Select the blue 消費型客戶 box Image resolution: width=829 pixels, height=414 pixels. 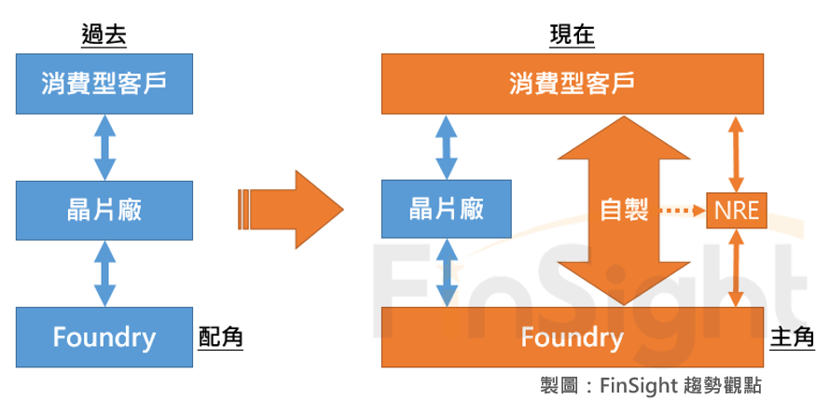(x=104, y=84)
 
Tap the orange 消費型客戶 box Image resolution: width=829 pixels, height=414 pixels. (x=572, y=84)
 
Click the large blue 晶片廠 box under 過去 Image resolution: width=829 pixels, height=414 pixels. (x=104, y=210)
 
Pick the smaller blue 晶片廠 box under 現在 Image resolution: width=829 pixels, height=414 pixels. (x=447, y=210)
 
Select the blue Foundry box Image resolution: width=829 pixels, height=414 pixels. (x=104, y=337)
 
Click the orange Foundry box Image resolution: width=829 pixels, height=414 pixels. (x=572, y=337)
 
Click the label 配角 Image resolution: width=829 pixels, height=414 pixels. (x=221, y=337)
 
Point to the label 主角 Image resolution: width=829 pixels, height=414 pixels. (x=792, y=337)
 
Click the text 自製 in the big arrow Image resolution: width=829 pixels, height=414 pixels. (x=624, y=210)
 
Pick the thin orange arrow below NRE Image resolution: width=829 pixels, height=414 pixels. (x=737, y=269)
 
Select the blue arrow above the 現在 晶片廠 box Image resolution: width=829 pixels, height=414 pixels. (x=447, y=147)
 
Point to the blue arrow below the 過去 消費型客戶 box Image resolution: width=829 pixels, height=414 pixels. (x=104, y=147)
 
